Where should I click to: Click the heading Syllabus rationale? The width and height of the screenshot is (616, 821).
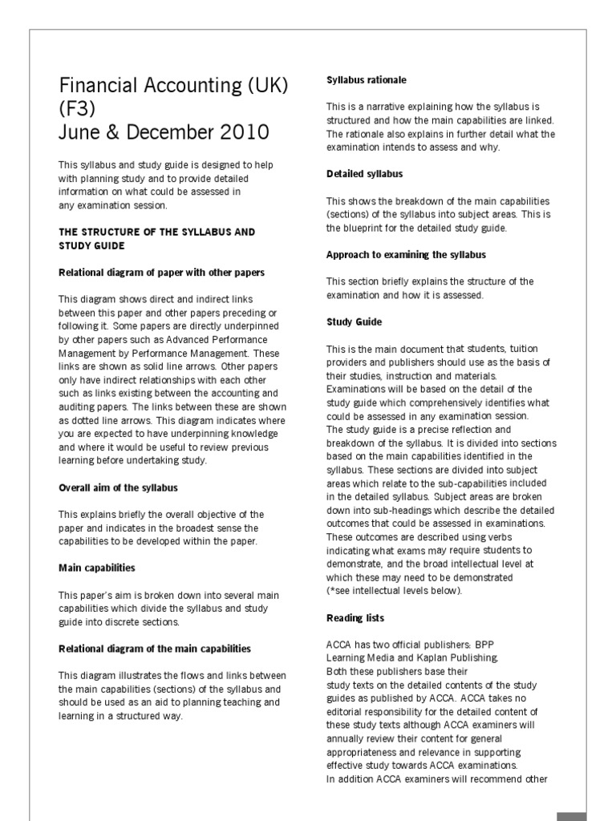(366, 80)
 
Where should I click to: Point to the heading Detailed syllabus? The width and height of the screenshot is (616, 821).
(364, 174)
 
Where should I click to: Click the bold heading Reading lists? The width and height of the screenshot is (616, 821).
(355, 618)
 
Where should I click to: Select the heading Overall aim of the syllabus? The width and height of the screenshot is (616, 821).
(118, 487)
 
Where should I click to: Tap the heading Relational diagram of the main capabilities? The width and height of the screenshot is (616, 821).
(154, 649)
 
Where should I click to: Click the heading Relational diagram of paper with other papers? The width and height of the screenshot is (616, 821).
(161, 273)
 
